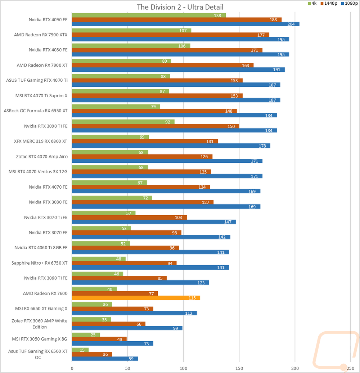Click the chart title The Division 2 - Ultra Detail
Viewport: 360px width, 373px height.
[180, 7]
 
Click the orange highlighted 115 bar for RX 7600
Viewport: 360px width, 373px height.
[136, 298]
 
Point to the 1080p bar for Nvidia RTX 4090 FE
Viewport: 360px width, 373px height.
[186, 24]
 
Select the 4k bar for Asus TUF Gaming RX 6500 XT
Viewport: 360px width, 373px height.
[80, 350]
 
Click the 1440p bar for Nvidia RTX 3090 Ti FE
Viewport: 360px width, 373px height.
[156, 126]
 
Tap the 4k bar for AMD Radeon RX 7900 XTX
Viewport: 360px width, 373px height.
[132, 31]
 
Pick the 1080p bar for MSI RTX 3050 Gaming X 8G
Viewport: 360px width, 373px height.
[113, 343]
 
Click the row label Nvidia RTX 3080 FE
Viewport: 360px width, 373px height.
[48, 202]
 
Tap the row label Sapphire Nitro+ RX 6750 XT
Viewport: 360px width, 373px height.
[40, 263]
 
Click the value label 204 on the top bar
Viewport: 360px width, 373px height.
[291, 24]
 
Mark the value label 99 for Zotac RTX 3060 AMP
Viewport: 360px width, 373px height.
[175, 328]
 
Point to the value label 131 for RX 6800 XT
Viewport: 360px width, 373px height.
[210, 141]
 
